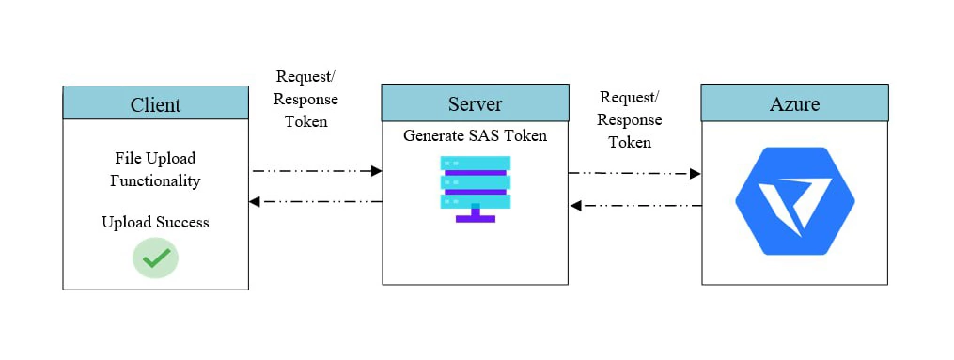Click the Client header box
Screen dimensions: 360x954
(155, 103)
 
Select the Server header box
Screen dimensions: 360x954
(475, 102)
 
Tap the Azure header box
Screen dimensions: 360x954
(794, 102)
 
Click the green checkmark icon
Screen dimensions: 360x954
(155, 257)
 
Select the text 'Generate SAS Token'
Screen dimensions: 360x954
(475, 135)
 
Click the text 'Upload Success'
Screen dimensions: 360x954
(155, 223)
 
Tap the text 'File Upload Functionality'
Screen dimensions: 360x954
(155, 169)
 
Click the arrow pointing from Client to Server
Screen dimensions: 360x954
(316, 171)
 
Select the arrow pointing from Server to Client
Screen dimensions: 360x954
(316, 202)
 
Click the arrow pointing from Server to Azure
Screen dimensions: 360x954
(634, 174)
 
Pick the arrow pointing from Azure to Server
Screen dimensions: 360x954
(634, 205)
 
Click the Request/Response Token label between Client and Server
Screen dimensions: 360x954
(306, 99)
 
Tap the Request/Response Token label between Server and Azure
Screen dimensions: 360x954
(629, 119)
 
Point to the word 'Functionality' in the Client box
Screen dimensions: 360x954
(155, 180)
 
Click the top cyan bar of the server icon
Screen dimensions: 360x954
(475, 164)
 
